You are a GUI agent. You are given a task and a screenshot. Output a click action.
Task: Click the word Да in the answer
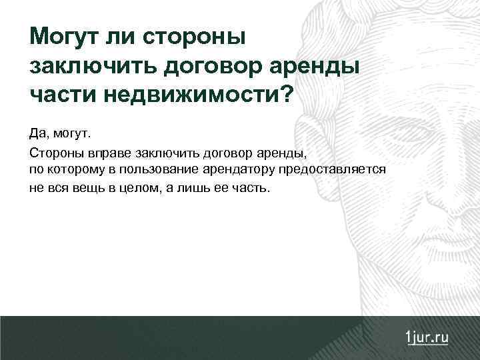37,135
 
